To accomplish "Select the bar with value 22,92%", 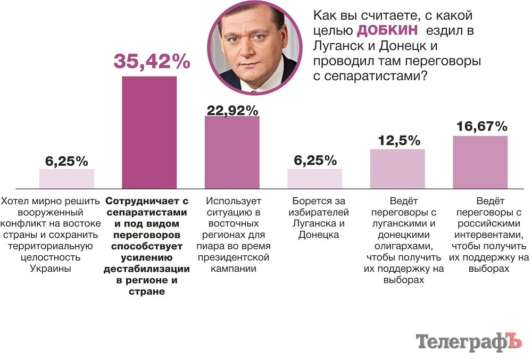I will pyautogui.click(x=232, y=152).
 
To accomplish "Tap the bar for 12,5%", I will pyautogui.click(x=397, y=168).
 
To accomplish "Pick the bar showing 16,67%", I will pyautogui.click(x=480, y=162).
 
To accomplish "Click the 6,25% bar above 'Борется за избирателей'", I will pyautogui.click(x=314, y=178).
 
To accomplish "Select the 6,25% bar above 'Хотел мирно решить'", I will pyautogui.click(x=66, y=178).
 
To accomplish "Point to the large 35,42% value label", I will pyautogui.click(x=152, y=62).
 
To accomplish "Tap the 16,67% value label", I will pyautogui.click(x=481, y=127).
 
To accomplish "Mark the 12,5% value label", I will pyautogui.click(x=399, y=141).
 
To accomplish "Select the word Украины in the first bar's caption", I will pyautogui.click(x=51, y=269).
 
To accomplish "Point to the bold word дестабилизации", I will pyautogui.click(x=146, y=269).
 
